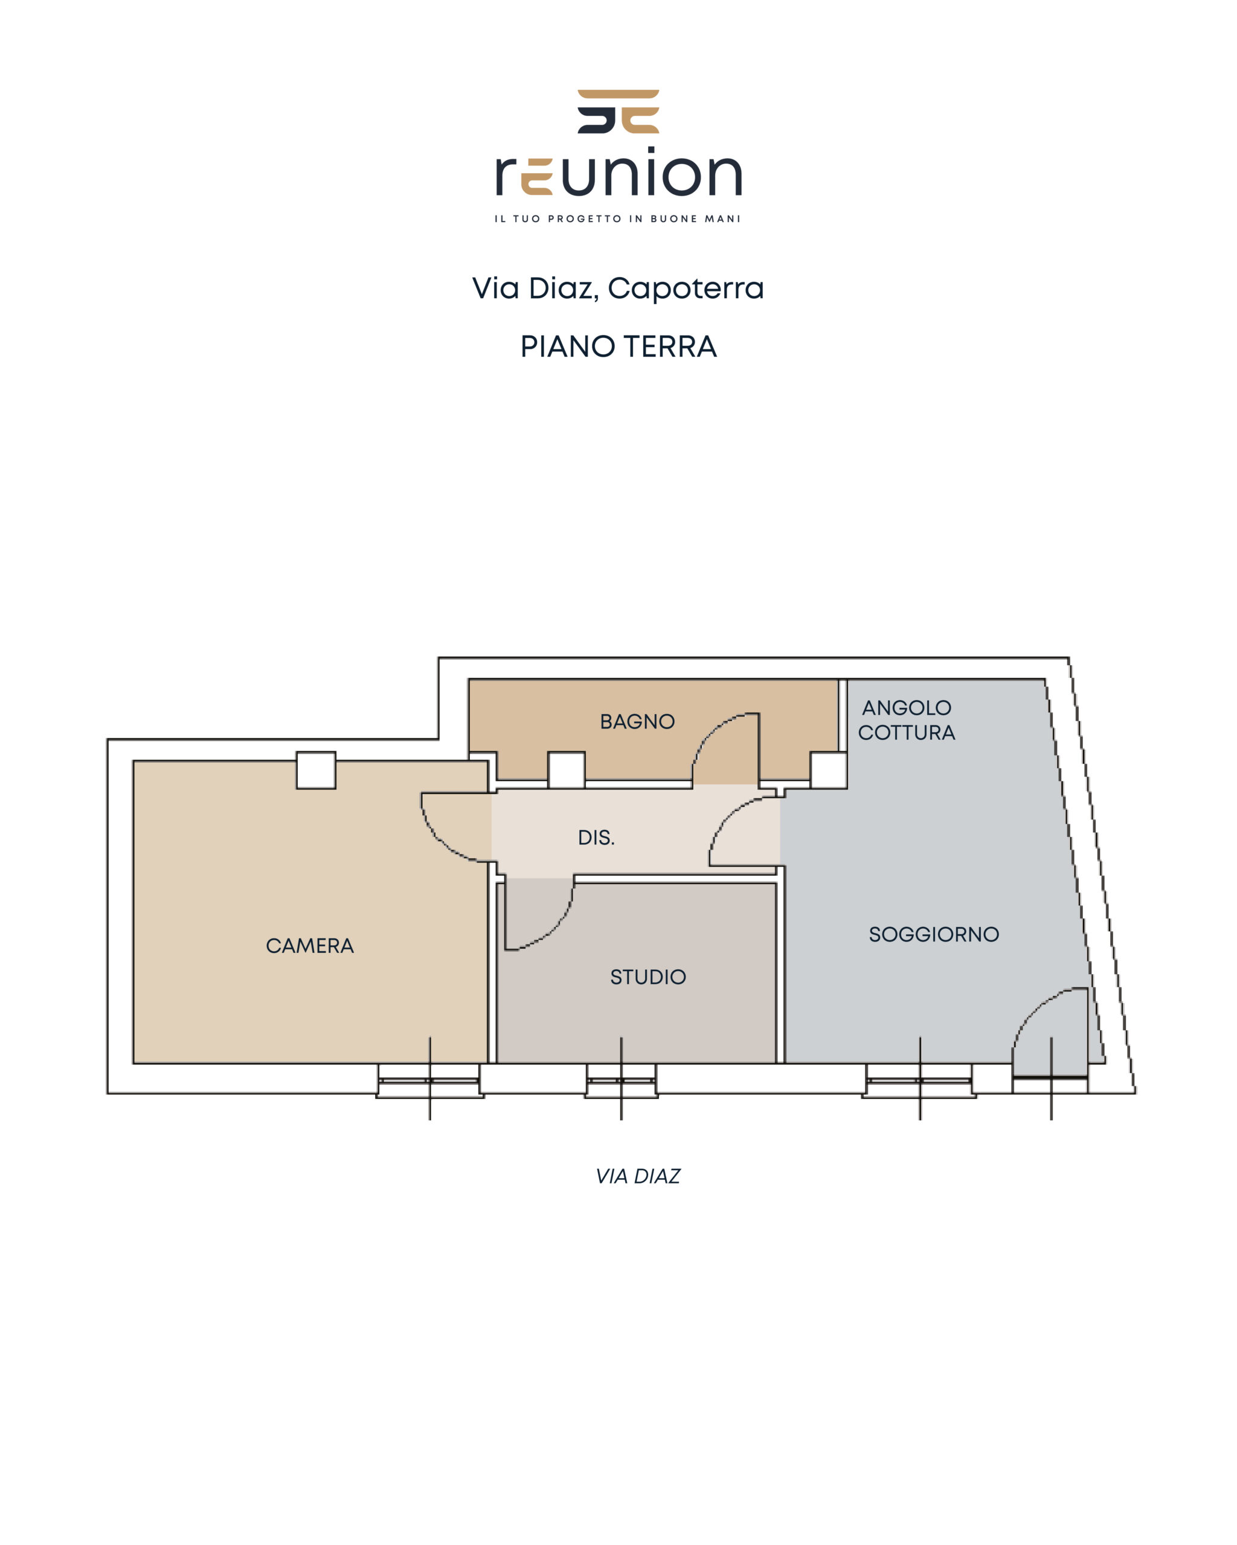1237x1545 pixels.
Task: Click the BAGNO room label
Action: tap(637, 722)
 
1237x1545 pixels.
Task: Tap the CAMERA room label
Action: tap(310, 946)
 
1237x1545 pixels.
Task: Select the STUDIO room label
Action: tap(647, 976)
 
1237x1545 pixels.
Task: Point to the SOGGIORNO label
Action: tap(934, 934)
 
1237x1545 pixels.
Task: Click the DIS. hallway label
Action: tap(596, 838)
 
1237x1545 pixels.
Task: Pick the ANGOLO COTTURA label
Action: tap(907, 720)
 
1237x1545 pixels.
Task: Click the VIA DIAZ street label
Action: tap(637, 1177)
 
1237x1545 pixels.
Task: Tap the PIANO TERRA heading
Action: tap(618, 347)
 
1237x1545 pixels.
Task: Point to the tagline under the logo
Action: tap(617, 218)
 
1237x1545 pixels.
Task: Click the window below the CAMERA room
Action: tap(429, 1081)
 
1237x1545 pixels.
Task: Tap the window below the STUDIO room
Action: tap(621, 1081)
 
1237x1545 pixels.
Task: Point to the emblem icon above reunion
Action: tap(618, 111)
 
